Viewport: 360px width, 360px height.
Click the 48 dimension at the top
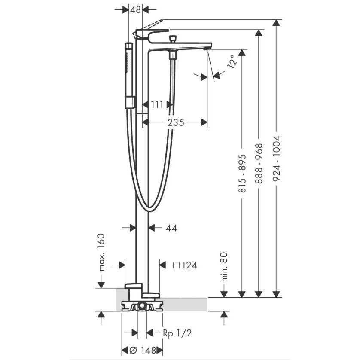(135, 9)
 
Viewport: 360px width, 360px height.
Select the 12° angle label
(232, 61)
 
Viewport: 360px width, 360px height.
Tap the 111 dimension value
(157, 105)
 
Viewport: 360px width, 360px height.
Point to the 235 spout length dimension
(176, 122)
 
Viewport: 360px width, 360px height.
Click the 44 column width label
(171, 228)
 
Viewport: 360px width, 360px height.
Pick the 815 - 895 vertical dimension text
(242, 173)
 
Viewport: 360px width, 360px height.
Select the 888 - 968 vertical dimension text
(259, 163)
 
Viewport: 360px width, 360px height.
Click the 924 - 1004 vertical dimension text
(276, 158)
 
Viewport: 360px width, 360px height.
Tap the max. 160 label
(101, 252)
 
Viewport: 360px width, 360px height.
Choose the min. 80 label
(224, 267)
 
